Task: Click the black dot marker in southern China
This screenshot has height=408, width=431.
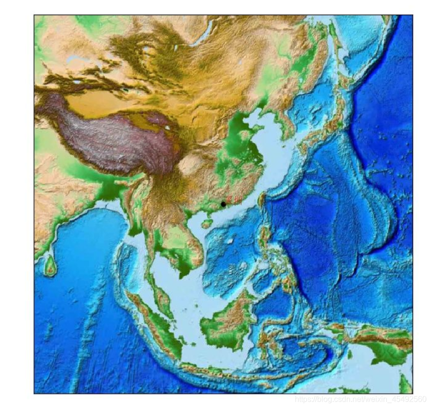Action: click(223, 204)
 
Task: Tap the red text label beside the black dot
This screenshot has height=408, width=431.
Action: click(232, 199)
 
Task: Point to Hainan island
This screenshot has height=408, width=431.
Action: click(207, 224)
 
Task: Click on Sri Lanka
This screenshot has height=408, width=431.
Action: click(50, 265)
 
